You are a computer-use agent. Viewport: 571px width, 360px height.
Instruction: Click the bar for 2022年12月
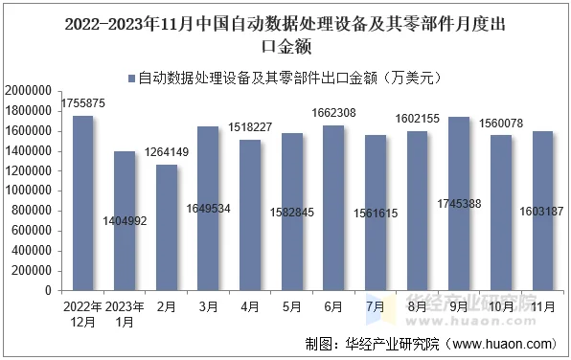83,203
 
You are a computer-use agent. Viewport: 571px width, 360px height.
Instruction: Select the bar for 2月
167,227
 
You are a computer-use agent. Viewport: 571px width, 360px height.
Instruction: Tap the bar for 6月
334,208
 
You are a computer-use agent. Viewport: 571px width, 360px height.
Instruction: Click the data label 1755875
83,103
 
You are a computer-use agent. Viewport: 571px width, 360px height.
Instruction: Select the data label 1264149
167,152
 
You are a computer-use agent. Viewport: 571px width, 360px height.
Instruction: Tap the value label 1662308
334,113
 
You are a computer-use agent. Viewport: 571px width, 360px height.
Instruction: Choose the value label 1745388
460,231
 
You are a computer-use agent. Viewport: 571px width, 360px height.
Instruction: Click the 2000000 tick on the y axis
31,91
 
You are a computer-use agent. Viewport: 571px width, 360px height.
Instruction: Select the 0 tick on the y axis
51,291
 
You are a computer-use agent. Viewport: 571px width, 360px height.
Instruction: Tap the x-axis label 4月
250,306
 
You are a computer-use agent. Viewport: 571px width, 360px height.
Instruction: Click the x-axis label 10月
501,306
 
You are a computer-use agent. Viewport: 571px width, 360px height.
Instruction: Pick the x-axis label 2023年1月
125,314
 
